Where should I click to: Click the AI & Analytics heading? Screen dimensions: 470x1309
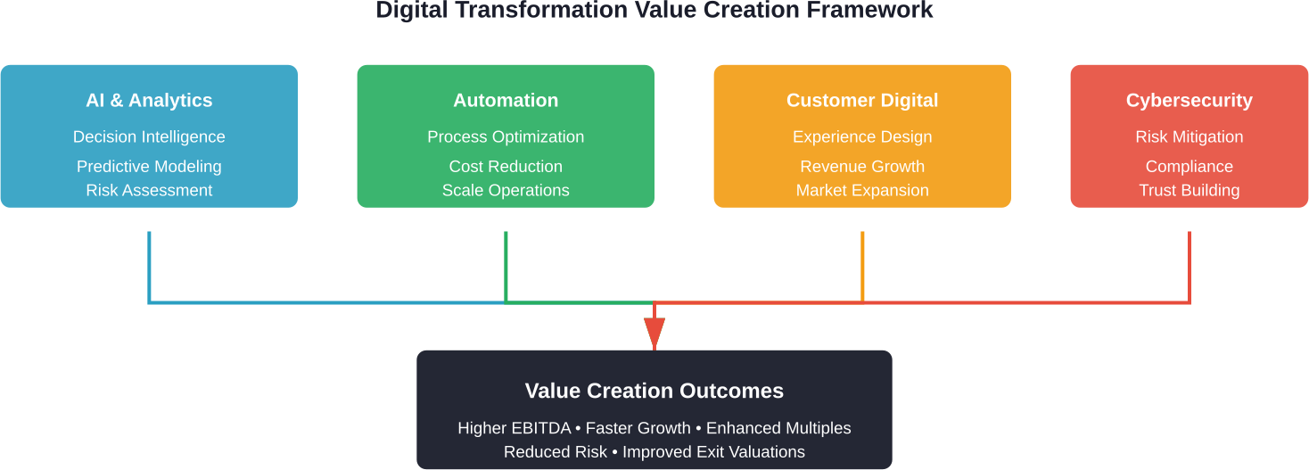tap(149, 101)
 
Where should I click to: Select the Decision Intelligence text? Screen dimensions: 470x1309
tap(149, 136)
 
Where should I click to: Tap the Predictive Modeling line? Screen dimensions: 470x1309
tap(149, 167)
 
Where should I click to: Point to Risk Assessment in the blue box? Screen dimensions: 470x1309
tap(149, 190)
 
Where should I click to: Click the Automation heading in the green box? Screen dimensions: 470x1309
tap(506, 101)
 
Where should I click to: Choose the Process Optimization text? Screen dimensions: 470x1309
tap(506, 136)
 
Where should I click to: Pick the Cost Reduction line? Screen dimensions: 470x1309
tap(506, 167)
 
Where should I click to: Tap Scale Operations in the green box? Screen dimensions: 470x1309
tap(506, 190)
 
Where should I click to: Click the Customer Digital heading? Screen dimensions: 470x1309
tap(862, 101)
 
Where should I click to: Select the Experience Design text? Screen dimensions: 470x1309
tap(862, 136)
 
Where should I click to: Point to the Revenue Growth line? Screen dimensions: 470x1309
tap(862, 167)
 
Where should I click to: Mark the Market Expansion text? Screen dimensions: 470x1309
tap(862, 190)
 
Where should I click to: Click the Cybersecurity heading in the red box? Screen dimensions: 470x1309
tap(1189, 101)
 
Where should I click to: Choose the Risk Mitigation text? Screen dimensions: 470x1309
tap(1189, 136)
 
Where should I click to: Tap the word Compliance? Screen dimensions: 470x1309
tap(1189, 167)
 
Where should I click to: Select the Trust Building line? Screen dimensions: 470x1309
tap(1189, 190)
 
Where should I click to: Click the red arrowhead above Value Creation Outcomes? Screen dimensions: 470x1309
tap(654, 334)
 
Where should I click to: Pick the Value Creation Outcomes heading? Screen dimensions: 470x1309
tap(654, 391)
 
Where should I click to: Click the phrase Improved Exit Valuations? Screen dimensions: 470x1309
tap(713, 452)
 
